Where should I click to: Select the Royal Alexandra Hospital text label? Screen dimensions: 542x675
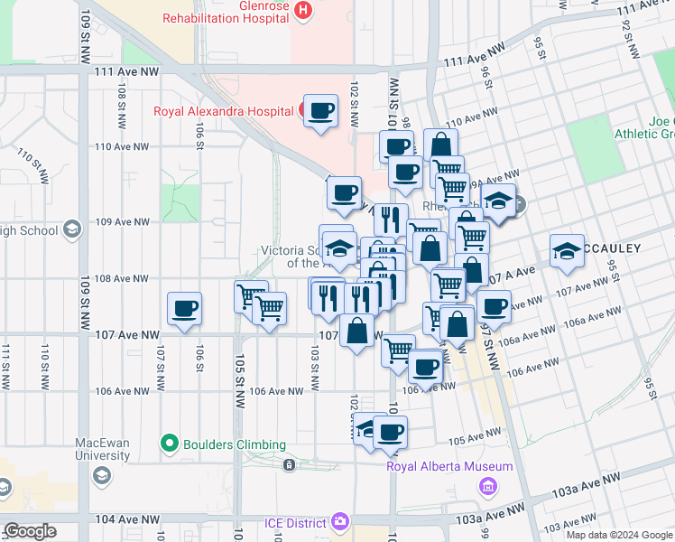click(224, 112)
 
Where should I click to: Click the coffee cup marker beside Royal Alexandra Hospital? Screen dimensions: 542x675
click(320, 111)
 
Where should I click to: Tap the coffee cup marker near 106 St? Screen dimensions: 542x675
click(185, 309)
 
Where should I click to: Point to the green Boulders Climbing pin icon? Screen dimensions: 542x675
click(168, 444)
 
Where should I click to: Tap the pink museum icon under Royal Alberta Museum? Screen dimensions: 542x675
click(488, 487)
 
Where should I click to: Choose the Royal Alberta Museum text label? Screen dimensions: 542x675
click(449, 466)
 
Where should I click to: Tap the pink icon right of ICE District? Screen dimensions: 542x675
click(339, 521)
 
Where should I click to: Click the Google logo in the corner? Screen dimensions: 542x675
click(30, 531)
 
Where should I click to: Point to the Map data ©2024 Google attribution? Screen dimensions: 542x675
click(619, 535)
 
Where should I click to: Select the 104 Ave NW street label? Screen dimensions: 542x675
click(125, 519)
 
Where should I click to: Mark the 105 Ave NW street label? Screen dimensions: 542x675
click(467, 440)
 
